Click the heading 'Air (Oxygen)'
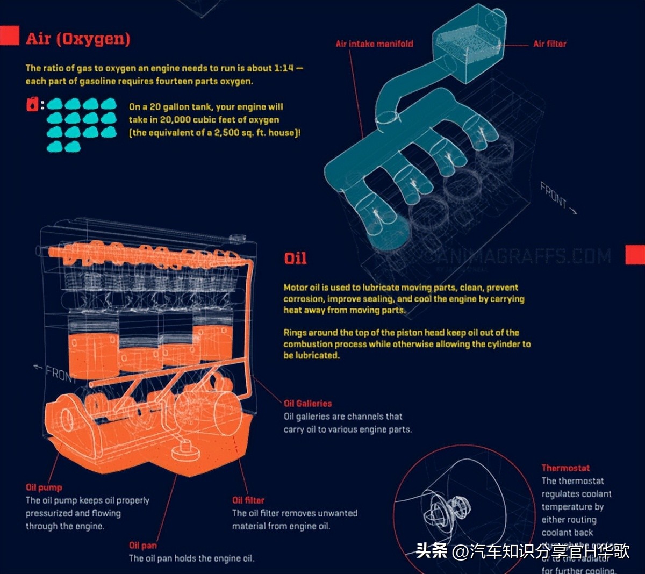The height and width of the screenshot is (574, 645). coord(78,39)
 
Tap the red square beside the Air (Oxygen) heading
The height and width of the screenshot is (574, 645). coord(9,35)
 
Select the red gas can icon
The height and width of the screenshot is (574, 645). coord(32,104)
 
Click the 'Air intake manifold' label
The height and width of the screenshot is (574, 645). coord(374,44)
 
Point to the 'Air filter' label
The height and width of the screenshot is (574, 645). coord(549,44)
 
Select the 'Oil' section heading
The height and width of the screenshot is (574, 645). coord(295,259)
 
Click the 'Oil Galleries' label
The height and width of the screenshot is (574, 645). coord(307,404)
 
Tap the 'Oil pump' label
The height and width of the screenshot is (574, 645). coord(44,487)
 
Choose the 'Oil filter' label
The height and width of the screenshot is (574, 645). coord(248,500)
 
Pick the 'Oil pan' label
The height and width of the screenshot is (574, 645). coord(142,546)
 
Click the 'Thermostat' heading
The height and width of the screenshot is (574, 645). coord(565,468)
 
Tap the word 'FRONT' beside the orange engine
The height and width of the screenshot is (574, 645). coord(59,372)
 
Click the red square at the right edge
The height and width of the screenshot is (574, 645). coord(635,255)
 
